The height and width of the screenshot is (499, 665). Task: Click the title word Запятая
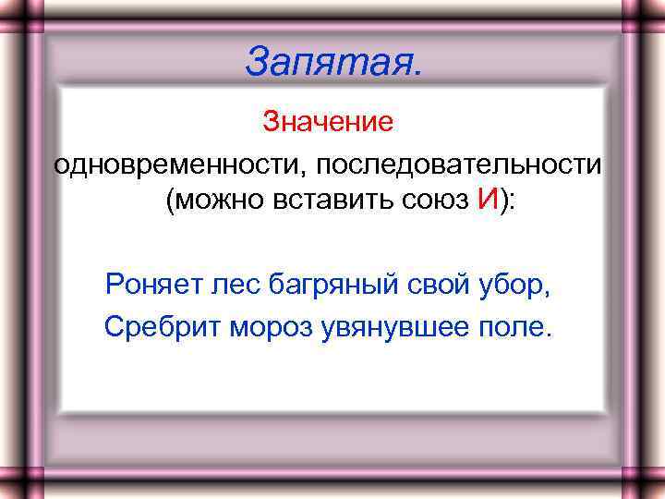[335, 62]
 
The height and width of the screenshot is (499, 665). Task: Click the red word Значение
[328, 121]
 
